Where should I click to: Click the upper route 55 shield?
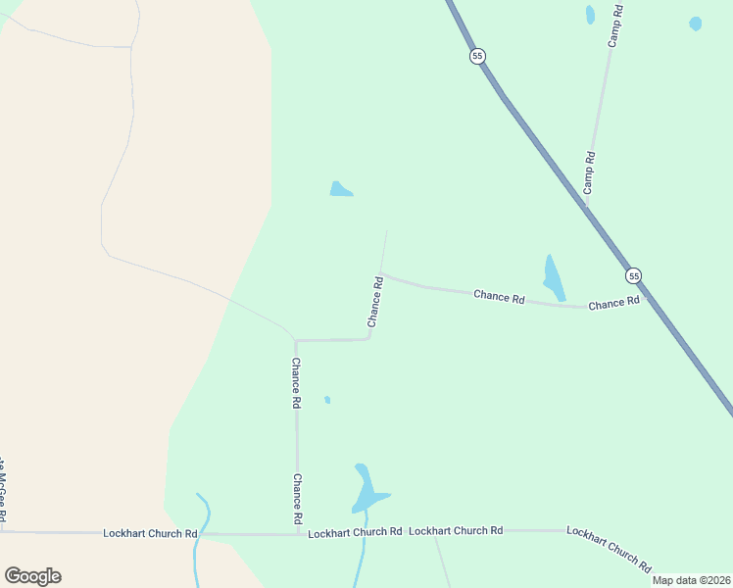[x=477, y=57]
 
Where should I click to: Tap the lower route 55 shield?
[x=634, y=275]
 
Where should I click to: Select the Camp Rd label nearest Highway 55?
[x=589, y=171]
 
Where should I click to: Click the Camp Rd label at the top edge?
[x=614, y=25]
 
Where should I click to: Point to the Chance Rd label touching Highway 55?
[x=613, y=304]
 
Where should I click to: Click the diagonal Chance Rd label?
[x=375, y=302]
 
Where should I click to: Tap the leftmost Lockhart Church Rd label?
[x=151, y=533]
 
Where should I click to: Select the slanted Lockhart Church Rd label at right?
[x=609, y=549]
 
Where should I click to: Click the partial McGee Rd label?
[x=4, y=490]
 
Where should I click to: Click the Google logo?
[x=32, y=576]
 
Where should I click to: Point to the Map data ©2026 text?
[x=691, y=580]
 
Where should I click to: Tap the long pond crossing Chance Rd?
[x=554, y=278]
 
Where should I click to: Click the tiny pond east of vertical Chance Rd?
[x=327, y=400]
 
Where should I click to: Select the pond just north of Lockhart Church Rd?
[x=367, y=490]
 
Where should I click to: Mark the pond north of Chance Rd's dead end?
[x=340, y=189]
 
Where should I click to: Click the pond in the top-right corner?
[x=695, y=24]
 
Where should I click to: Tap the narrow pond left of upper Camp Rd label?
[x=590, y=15]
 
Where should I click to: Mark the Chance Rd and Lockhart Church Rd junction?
[x=297, y=534]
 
